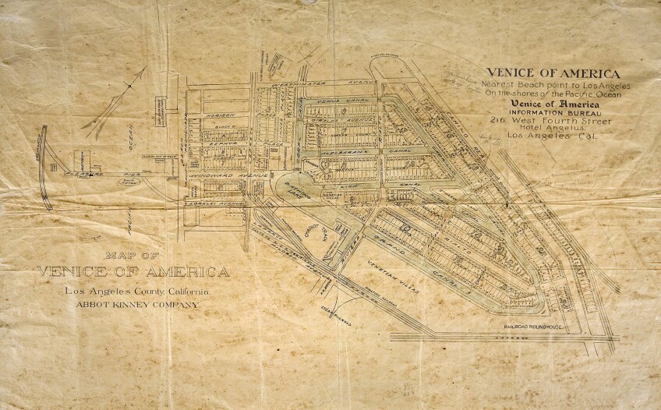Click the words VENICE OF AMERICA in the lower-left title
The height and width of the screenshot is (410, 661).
tap(133, 272)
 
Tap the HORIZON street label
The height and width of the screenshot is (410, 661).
tap(222, 114)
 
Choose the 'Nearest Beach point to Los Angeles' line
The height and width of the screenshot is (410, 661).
tap(556, 83)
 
